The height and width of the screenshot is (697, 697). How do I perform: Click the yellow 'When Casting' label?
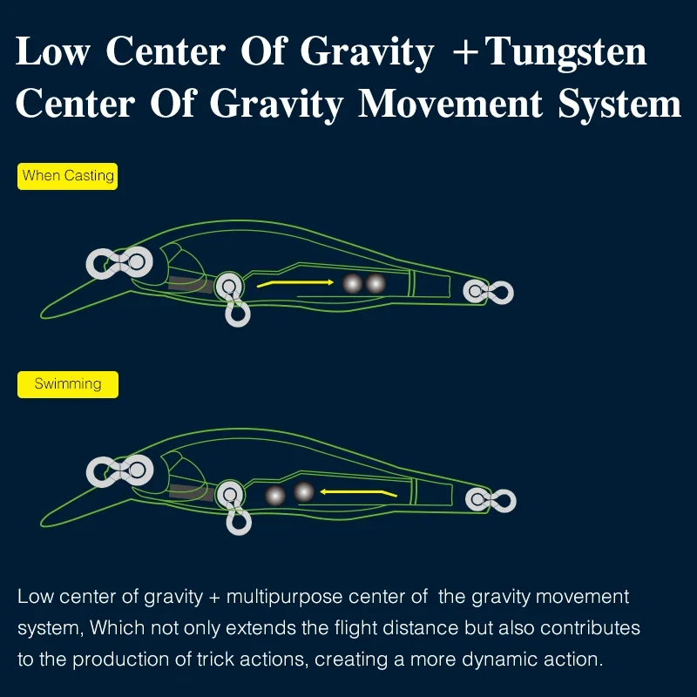[x=68, y=176]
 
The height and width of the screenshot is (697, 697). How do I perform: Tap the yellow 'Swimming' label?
[x=68, y=384]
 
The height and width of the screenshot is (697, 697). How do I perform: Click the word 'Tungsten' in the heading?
[x=566, y=51]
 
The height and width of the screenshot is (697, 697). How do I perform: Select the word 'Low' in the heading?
[x=53, y=51]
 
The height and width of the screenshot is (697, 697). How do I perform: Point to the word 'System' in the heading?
[x=619, y=105]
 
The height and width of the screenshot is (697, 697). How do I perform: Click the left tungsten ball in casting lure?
[x=352, y=283]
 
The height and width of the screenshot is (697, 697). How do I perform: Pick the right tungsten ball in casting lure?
[x=376, y=283]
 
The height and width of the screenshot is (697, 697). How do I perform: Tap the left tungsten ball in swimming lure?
[x=275, y=495]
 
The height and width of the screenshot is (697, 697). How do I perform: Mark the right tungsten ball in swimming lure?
[x=303, y=492]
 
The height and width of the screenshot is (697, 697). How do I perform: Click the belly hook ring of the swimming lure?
[x=237, y=521]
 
